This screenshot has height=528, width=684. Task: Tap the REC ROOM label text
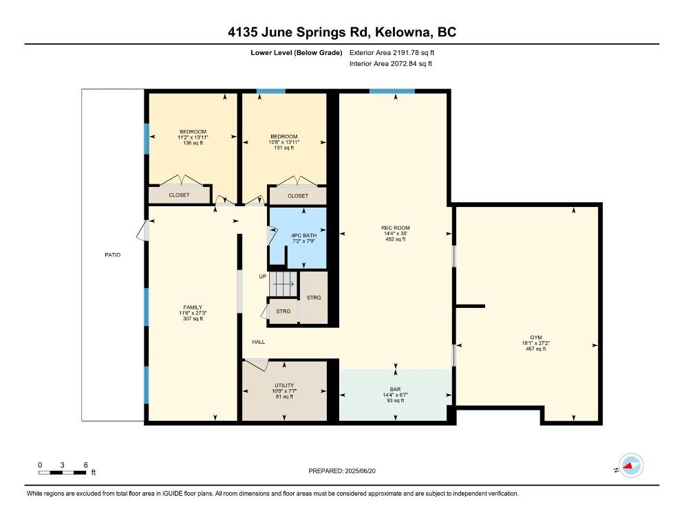coord(396,228)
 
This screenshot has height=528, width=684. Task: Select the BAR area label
coord(396,388)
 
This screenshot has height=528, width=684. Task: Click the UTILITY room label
coord(284,385)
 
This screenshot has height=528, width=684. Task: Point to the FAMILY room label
coord(192,307)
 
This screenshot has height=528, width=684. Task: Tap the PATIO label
coord(112,255)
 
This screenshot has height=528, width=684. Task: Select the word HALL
coord(258,342)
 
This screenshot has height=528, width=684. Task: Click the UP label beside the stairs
coord(262,276)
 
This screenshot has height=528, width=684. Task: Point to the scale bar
coord(63,472)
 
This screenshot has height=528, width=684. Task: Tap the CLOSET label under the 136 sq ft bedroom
coord(180,195)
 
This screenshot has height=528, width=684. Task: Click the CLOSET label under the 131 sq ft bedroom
coord(298,196)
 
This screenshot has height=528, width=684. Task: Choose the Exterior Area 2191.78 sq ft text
coord(392,52)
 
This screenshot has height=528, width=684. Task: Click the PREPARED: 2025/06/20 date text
coord(342,471)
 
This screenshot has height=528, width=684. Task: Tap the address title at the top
coord(342,32)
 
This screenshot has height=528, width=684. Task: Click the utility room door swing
coord(257,366)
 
